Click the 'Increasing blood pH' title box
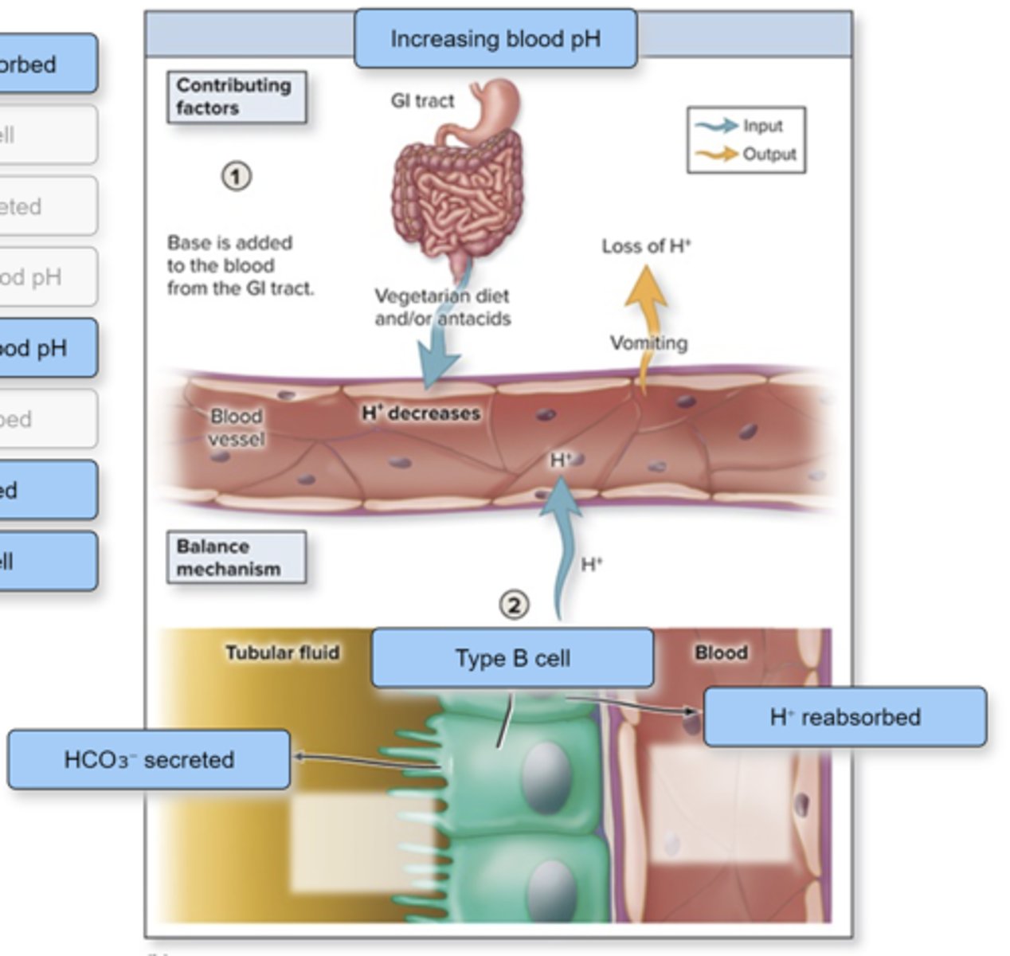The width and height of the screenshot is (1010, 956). (x=495, y=38)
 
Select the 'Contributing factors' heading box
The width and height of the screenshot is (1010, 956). (x=236, y=96)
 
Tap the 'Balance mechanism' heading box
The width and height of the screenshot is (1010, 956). (x=236, y=558)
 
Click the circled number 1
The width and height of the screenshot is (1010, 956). (x=236, y=176)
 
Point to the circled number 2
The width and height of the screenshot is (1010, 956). (x=514, y=605)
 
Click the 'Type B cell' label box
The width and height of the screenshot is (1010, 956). (x=512, y=658)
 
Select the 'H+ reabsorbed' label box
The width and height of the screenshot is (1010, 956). (x=844, y=717)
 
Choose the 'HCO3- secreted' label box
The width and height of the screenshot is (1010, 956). (x=149, y=759)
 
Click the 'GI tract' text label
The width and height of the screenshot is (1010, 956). (x=422, y=100)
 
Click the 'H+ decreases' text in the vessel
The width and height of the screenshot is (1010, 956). (x=421, y=413)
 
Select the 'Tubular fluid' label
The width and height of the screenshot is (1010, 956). (x=282, y=652)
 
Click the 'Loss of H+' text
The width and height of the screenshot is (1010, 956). (x=646, y=246)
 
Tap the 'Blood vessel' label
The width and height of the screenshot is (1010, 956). (x=236, y=428)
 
